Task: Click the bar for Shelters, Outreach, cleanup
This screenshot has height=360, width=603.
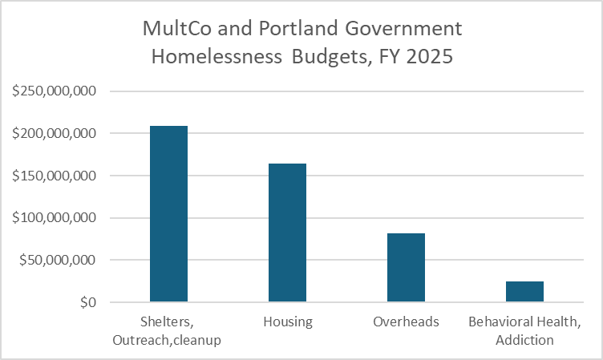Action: [168, 214]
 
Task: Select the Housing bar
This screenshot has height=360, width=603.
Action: [287, 233]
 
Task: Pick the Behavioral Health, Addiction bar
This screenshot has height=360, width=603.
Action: [524, 292]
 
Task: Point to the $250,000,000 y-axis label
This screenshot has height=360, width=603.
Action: [55, 91]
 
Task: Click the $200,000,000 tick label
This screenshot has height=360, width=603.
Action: [55, 133]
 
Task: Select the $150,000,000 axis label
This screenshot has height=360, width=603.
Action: [55, 176]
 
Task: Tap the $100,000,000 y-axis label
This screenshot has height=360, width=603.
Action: [55, 218]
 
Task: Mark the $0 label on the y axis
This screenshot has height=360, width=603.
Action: [88, 303]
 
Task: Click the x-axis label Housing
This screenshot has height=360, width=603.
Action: [287, 322]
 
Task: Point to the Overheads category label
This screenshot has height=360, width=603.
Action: [406, 322]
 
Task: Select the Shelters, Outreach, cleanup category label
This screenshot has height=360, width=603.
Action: [168, 331]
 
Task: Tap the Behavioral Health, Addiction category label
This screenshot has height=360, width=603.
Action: [524, 331]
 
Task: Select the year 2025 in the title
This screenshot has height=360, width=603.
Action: [433, 59]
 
